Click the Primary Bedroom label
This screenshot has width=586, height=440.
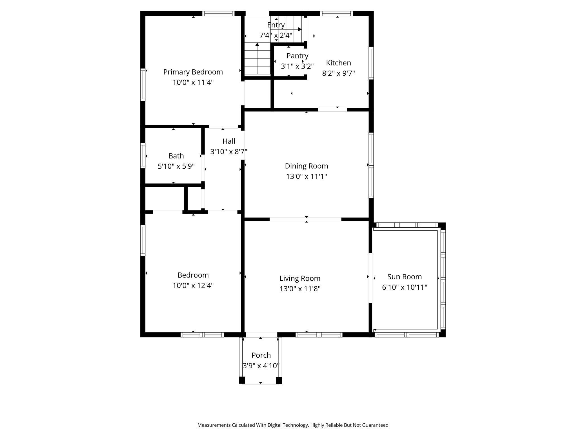pos(193,72)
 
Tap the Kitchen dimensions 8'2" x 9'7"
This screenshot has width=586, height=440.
pos(338,73)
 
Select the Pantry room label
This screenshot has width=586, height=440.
pos(297,56)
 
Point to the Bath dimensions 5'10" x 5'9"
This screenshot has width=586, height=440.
pos(176,166)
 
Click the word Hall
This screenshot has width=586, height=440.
pos(229,141)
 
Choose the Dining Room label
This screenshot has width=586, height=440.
pos(306,166)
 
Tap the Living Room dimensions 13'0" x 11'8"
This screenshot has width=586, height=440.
pos(300,289)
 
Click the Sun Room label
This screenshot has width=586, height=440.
pos(404,277)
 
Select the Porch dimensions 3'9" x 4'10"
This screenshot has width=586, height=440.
pos(261,366)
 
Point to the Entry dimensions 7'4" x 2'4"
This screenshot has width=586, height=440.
pos(276,36)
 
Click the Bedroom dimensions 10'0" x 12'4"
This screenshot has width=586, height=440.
pos(193,285)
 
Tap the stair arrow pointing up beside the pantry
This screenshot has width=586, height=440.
pos(257,45)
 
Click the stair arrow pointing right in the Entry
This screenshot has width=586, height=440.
pos(300,29)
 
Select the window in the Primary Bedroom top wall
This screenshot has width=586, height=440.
pos(218,14)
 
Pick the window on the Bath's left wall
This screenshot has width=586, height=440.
pos(143,156)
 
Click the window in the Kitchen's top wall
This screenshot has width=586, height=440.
pos(336,14)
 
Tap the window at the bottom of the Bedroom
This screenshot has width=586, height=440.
pos(202,335)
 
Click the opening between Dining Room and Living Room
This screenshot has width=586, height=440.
pos(305,219)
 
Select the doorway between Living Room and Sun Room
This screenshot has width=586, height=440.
pos(370,278)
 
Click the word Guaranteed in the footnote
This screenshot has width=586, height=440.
pos(375,425)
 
